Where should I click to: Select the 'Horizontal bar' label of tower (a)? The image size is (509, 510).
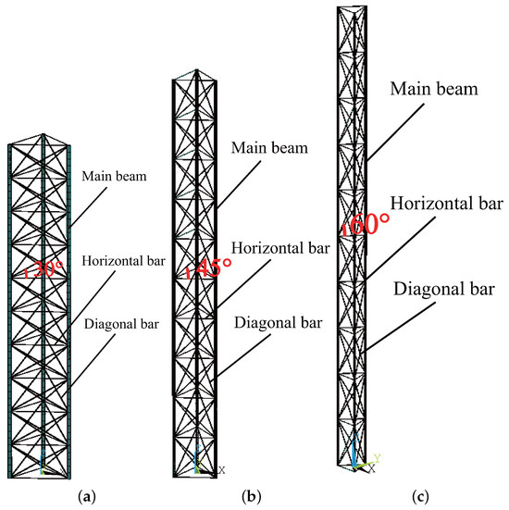(123, 259)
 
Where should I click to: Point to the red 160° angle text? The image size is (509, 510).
(364, 225)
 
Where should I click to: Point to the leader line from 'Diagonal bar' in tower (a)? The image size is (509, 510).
(92, 356)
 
